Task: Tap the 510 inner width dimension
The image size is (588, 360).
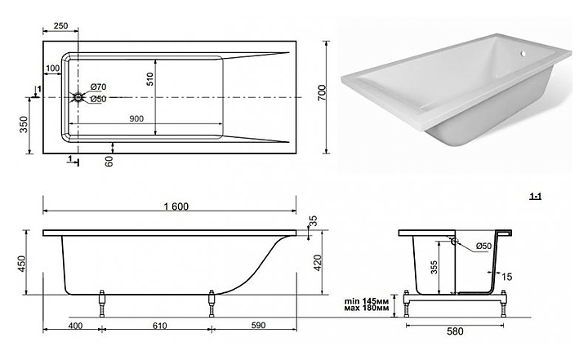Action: pyautogui.click(x=150, y=78)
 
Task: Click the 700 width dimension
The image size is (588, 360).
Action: pyautogui.click(x=323, y=96)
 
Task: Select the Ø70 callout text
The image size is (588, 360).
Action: pyautogui.click(x=98, y=87)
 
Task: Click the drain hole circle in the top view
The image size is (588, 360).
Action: pyautogui.click(x=79, y=97)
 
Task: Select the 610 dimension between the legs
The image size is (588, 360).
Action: pyautogui.click(x=158, y=326)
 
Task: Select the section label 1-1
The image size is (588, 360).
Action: pyautogui.click(x=537, y=196)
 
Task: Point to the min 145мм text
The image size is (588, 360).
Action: pyautogui.click(x=366, y=300)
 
